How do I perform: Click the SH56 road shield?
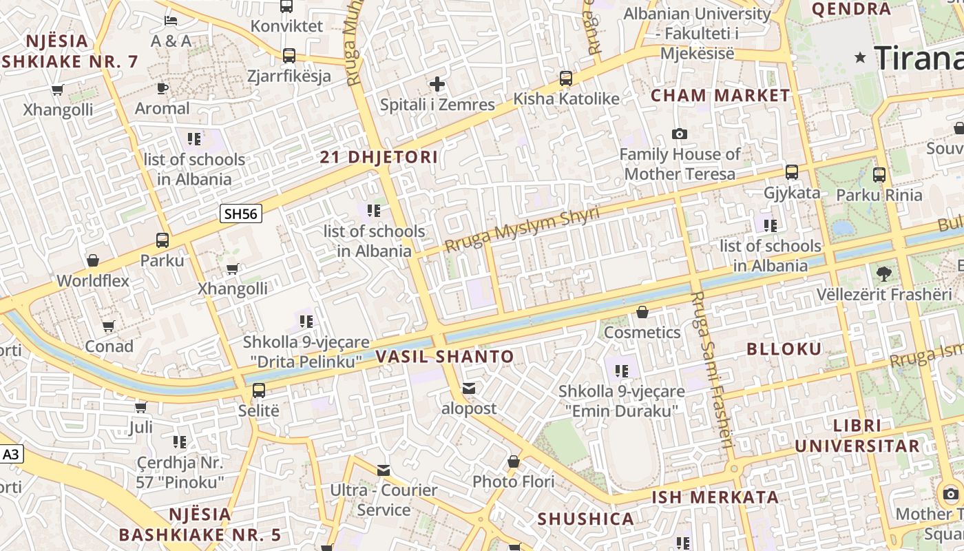241,214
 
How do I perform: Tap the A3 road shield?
11,455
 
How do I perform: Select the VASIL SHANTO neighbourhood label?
445,356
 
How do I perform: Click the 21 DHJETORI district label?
379,157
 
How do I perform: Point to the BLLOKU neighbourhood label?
784,349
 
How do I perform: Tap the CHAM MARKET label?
720,96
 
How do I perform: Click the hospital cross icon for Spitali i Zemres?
437,85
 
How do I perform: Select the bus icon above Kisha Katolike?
566,79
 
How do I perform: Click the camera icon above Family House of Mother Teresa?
680,134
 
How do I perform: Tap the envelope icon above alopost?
469,388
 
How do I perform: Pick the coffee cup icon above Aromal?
162,88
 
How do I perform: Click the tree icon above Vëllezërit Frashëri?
883,274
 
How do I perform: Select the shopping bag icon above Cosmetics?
642,312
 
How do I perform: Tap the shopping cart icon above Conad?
109,326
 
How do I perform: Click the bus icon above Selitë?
259,390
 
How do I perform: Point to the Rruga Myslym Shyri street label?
521,229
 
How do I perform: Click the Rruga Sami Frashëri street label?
711,368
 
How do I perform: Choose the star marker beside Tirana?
860,58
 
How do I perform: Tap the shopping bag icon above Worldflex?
93,260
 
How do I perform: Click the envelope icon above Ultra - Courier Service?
384,470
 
